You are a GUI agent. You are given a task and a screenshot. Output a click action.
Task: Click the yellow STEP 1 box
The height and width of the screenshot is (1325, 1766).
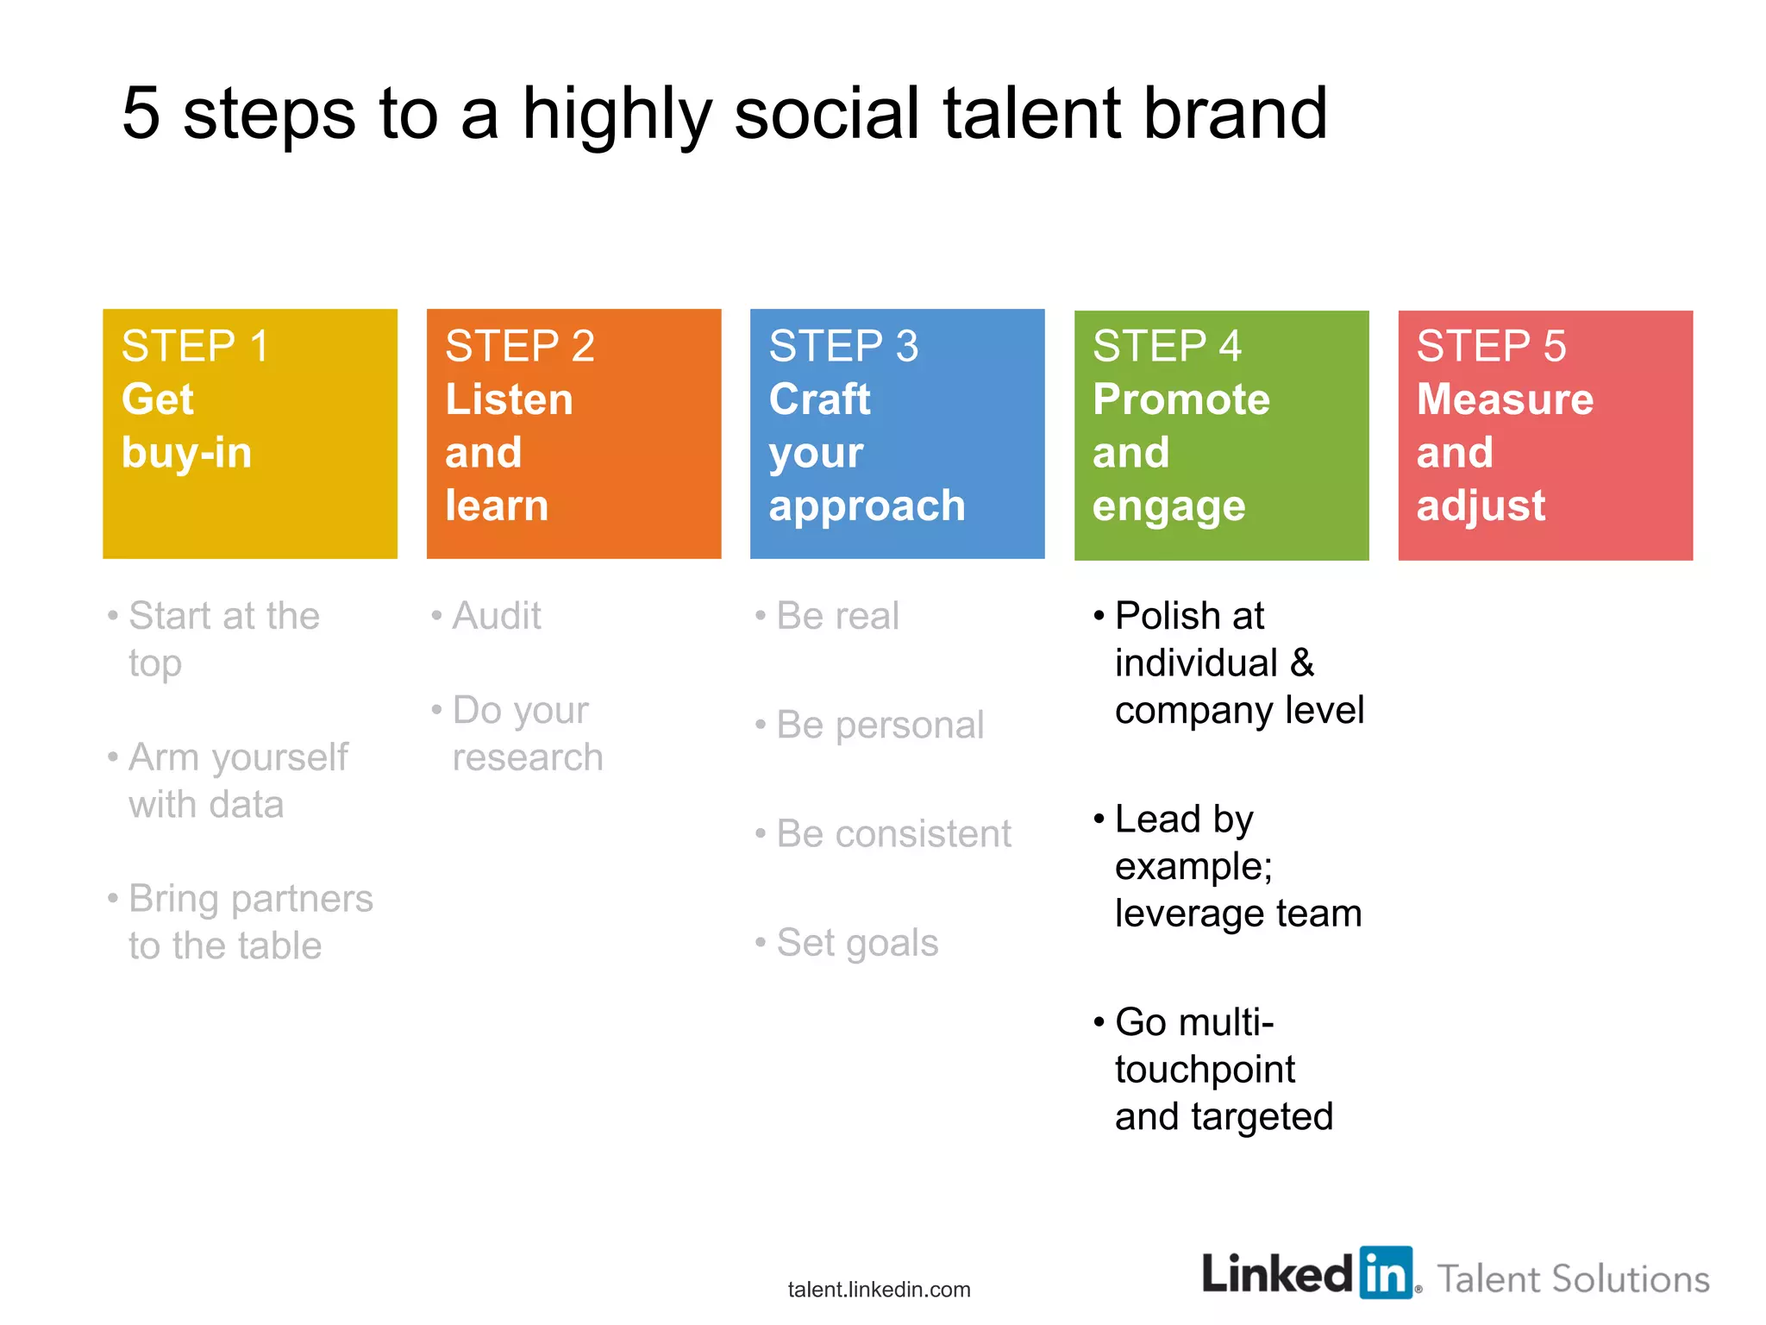(x=249, y=433)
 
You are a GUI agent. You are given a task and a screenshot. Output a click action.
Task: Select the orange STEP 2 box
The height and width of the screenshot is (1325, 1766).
(x=573, y=433)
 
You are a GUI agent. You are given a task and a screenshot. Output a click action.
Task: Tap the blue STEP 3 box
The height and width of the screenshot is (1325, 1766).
(x=897, y=433)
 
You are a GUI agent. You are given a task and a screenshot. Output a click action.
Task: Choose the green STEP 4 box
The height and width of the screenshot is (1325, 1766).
(x=1221, y=435)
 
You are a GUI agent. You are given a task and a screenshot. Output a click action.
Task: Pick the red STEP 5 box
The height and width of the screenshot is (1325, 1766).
(x=1545, y=435)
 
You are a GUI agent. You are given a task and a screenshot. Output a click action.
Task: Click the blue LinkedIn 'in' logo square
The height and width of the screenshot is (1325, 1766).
(x=1387, y=1272)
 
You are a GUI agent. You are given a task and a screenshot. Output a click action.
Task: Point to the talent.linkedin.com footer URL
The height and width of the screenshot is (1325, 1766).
(x=879, y=1290)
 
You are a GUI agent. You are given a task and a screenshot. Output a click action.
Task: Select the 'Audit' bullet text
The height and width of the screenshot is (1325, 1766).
(x=497, y=616)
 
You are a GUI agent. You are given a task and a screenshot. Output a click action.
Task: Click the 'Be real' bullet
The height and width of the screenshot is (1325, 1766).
(x=837, y=616)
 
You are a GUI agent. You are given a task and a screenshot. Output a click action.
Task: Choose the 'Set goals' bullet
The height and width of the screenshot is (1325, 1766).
(x=857, y=943)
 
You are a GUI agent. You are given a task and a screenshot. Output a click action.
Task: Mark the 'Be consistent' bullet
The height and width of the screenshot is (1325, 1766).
(x=893, y=834)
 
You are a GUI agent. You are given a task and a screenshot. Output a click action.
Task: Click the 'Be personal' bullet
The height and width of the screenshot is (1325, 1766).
(x=880, y=725)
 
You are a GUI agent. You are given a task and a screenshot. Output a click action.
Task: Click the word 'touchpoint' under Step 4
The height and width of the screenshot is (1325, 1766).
(x=1205, y=1070)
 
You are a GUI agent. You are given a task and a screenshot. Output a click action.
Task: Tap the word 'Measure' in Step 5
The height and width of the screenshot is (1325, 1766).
(x=1505, y=399)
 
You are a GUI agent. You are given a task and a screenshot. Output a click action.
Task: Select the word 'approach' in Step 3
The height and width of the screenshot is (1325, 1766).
(x=867, y=506)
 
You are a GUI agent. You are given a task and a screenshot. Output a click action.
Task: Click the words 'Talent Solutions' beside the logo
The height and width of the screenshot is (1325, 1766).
(x=1573, y=1279)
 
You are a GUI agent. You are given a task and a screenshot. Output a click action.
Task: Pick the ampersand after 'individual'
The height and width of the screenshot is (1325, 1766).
(x=1302, y=663)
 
